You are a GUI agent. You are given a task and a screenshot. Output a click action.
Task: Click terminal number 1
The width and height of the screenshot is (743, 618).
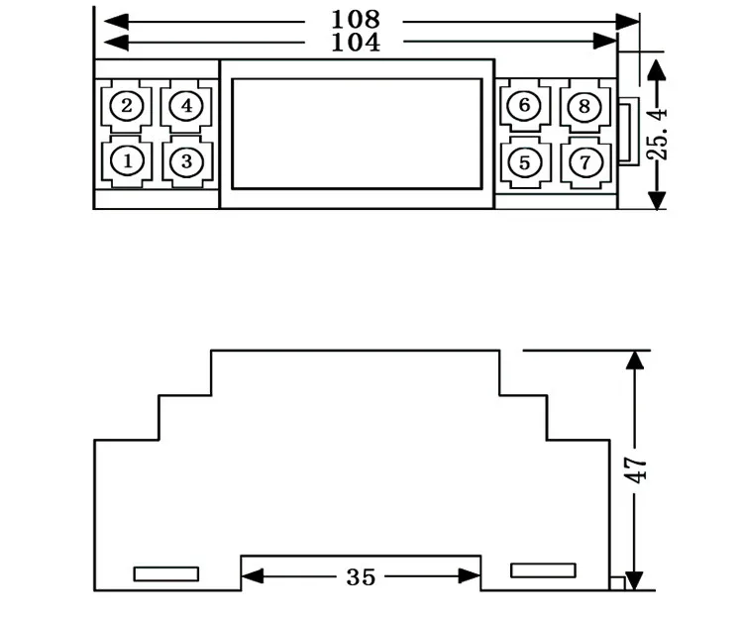click(127, 161)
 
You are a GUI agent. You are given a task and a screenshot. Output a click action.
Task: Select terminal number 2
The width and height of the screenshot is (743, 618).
click(127, 106)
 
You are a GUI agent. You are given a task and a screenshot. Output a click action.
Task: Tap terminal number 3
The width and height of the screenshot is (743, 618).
click(186, 161)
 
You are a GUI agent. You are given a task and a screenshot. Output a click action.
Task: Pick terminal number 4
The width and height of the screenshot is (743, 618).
click(186, 106)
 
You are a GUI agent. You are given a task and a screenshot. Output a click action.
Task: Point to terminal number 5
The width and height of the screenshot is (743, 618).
click(524, 162)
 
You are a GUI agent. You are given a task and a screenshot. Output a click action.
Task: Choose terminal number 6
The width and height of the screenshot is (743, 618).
click(524, 105)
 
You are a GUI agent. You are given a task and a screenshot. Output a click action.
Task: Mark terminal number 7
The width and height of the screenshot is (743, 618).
click(585, 162)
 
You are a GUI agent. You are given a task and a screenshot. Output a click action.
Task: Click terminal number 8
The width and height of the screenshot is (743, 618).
click(584, 106)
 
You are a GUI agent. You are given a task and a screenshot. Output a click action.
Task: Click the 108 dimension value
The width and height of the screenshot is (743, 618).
click(356, 20)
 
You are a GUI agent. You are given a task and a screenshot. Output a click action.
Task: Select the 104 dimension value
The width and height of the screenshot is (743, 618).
click(356, 43)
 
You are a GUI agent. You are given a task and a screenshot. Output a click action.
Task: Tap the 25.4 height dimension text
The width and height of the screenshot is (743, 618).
click(657, 134)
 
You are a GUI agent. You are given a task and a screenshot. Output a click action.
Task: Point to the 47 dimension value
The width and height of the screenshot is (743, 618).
click(634, 469)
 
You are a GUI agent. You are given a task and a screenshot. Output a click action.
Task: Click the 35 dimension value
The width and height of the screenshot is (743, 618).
click(361, 577)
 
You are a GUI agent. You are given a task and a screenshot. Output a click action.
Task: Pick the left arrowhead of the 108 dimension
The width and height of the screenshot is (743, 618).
click(116, 22)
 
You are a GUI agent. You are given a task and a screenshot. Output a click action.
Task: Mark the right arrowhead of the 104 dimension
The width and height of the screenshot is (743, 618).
click(605, 42)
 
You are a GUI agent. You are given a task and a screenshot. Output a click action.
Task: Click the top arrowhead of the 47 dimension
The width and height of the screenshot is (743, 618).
click(634, 360)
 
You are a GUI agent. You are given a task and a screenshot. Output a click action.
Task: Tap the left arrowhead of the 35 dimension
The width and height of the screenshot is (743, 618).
click(253, 576)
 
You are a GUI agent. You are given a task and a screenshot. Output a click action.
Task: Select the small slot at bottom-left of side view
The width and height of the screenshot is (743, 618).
click(166, 574)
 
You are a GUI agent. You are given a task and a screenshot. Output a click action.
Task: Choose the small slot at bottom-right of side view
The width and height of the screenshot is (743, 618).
click(544, 570)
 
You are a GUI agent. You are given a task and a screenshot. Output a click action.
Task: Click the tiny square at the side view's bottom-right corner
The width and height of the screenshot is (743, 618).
click(617, 583)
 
